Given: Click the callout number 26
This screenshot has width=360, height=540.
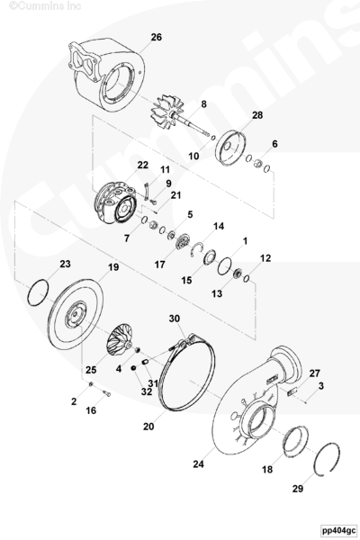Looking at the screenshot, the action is [156, 37].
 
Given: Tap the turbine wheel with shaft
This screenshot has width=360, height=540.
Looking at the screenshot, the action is [179, 117].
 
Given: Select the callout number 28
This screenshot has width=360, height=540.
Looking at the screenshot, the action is [257, 115].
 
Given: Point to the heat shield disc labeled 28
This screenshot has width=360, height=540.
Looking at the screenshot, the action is [231, 148].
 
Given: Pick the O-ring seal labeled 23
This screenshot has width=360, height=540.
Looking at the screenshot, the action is [38, 293].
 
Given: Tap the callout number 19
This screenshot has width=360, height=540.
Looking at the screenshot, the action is [113, 267].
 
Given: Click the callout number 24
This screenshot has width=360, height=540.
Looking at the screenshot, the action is [198, 464].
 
